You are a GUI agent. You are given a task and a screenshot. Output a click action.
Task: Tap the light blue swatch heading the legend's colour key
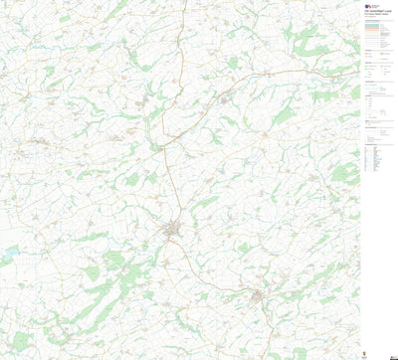374,25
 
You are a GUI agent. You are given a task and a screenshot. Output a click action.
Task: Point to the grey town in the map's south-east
261,296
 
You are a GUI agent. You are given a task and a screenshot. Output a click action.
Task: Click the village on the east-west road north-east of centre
227,98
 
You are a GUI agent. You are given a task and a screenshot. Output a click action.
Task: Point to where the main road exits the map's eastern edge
357,72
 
